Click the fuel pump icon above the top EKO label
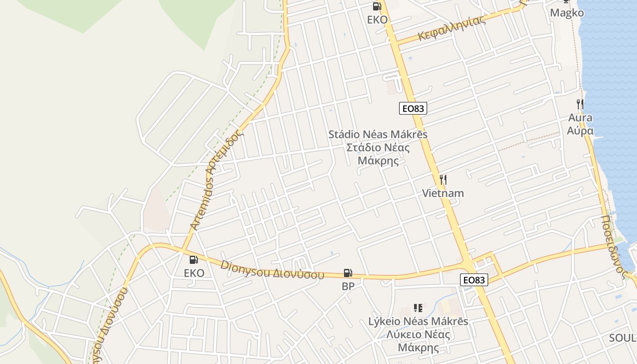377,6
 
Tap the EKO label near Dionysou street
194,273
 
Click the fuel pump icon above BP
348,273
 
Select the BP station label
348,286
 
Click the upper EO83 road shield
413,109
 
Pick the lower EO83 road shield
474,280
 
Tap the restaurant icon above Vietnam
443,180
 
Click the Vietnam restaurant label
443,193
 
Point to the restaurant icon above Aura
580,104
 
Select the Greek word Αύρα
580,131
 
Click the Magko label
566,13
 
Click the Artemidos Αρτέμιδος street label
217,180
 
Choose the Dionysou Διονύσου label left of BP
272,270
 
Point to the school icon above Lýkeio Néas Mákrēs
418,308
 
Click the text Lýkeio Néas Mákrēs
418,321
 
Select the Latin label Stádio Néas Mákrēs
378,135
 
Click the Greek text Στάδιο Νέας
378,148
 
